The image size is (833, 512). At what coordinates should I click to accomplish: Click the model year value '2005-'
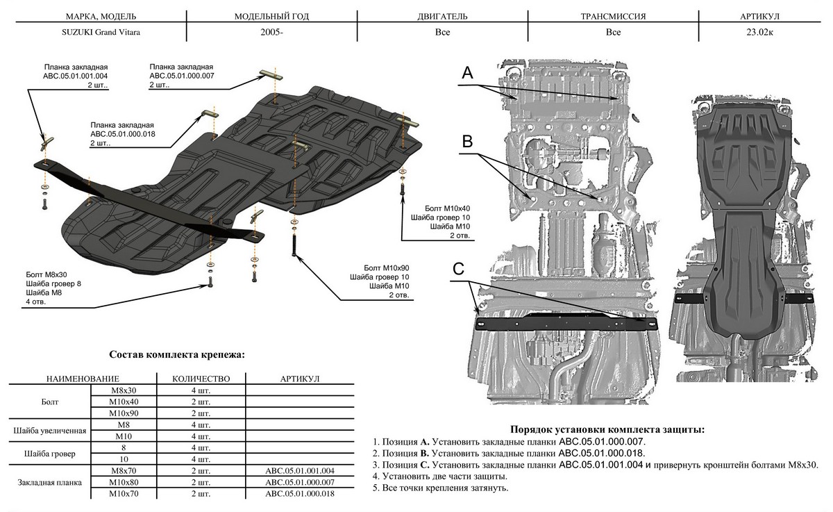click(271, 31)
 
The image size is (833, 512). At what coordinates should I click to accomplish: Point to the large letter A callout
click(467, 72)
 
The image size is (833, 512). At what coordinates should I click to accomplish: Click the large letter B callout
click(467, 142)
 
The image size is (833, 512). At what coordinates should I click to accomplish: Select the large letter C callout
click(459, 268)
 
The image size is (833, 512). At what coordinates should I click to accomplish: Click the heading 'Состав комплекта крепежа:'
click(177, 355)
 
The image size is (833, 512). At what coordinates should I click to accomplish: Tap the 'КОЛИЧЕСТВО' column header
click(201, 379)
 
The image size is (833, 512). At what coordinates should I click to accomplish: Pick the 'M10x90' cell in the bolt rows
click(124, 413)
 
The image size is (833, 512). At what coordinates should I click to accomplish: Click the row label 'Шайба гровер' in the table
click(49, 454)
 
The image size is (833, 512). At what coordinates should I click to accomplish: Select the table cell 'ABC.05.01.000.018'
click(300, 493)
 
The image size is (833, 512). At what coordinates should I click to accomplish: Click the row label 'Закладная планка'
click(49, 482)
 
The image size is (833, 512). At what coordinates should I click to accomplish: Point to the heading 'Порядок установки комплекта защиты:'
click(602, 429)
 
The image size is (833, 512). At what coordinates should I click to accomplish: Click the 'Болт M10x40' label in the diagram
click(447, 208)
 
